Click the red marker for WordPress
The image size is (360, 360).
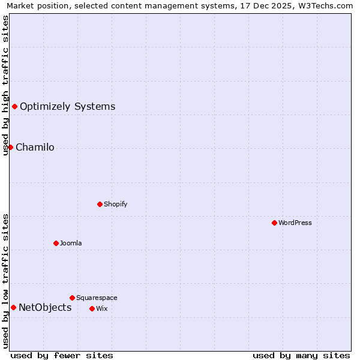click(274, 223)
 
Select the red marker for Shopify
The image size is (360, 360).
click(100, 204)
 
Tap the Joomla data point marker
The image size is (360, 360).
click(56, 243)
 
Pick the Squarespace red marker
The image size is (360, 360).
click(72, 298)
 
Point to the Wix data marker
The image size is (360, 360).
click(92, 308)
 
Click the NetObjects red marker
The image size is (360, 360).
click(13, 308)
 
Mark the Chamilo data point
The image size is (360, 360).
click(10, 147)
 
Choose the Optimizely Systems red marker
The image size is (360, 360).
click(14, 107)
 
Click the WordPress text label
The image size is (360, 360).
click(295, 223)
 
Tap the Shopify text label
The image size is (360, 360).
click(116, 204)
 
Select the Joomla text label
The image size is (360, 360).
click(71, 243)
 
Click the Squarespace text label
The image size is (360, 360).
click(97, 298)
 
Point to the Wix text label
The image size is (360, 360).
click(101, 308)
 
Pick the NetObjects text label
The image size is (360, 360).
click(45, 308)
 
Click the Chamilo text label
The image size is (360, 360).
click(35, 148)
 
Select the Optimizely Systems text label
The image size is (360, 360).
click(67, 107)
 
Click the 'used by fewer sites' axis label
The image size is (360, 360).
click(62, 355)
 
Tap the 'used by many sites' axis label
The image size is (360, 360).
click(301, 355)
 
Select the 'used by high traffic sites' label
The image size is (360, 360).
click(5, 85)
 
